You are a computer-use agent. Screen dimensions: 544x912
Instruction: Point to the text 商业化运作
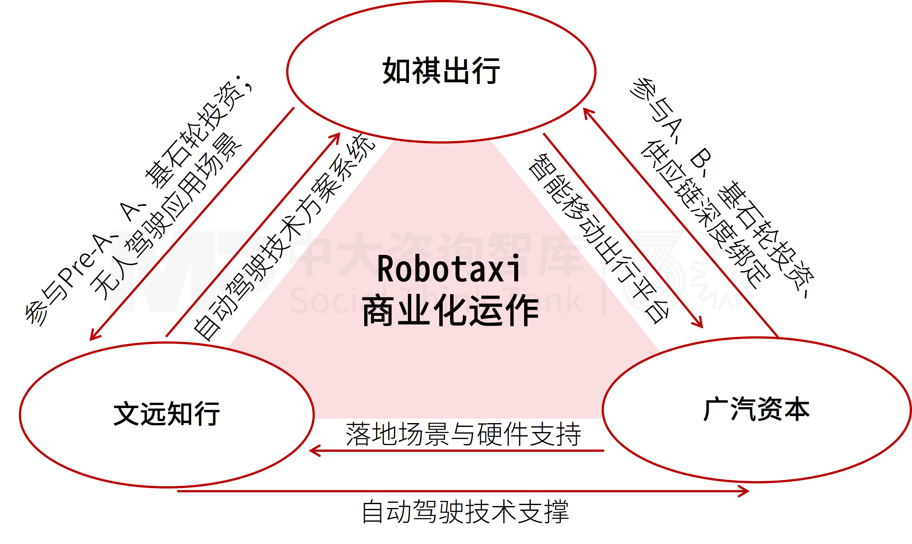point(450,311)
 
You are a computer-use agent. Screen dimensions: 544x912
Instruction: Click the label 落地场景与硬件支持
point(463,434)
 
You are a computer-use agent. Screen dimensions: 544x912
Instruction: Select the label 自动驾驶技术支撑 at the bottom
point(465,512)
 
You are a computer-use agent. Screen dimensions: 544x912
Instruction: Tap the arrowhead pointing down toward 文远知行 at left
point(93,337)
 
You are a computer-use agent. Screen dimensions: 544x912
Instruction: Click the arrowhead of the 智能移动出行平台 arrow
point(699,324)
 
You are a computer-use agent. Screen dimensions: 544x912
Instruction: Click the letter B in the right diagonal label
point(700,158)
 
